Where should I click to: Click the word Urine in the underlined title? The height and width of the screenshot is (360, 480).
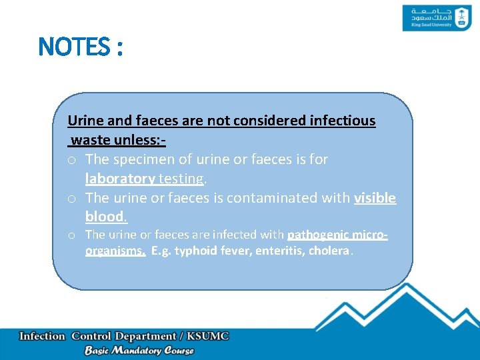(83, 121)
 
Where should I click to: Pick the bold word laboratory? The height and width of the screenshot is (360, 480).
(120, 179)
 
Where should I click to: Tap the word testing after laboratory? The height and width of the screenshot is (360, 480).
(181, 179)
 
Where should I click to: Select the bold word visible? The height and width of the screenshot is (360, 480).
(375, 198)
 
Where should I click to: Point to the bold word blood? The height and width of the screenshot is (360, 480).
(105, 217)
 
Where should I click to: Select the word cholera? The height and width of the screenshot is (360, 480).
(329, 251)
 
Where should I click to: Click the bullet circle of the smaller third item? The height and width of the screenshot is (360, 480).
(71, 235)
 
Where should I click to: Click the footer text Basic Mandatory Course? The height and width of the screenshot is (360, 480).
(139, 350)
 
